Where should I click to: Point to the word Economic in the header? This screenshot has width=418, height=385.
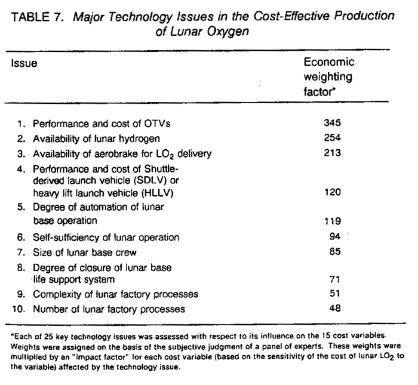coord(329,62)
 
